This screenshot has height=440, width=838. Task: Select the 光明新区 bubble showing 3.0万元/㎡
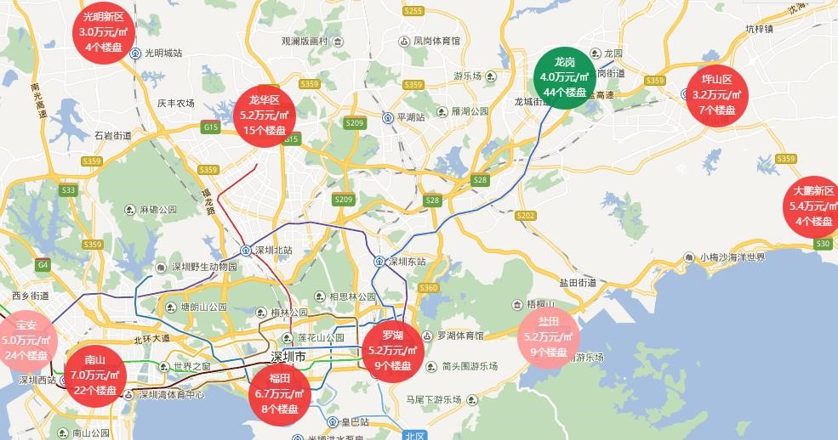coord(103,31)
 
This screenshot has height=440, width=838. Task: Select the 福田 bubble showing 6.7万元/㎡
coord(280,393)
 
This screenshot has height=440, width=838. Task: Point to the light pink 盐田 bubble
coord(548,336)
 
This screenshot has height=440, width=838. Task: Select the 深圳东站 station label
coord(406,262)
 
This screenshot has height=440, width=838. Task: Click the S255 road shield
coord(413,11)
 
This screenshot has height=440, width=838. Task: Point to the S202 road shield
coord(526,216)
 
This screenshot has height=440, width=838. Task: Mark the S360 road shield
coord(428,288)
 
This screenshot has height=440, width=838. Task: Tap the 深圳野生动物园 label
coord(204,267)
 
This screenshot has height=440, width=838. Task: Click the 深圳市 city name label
coord(288,355)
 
